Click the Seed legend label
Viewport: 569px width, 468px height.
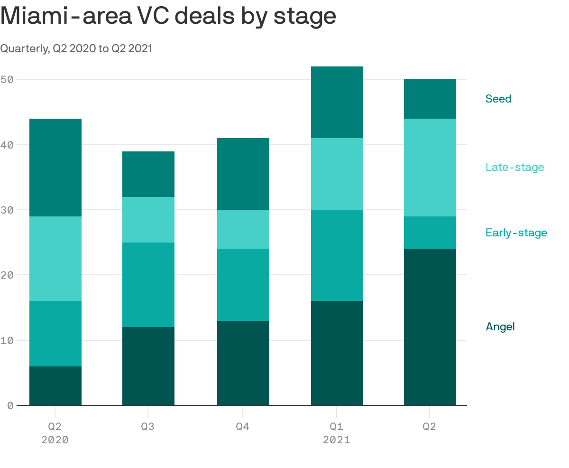(x=498, y=99)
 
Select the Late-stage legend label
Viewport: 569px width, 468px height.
(x=514, y=167)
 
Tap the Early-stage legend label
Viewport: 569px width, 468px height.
(x=516, y=233)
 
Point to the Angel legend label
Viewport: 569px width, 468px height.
(x=500, y=327)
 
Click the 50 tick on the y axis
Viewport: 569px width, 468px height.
(x=7, y=79)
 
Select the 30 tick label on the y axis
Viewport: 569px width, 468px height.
(x=7, y=210)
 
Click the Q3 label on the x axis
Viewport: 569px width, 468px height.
(x=148, y=426)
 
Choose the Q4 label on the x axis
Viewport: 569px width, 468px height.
(x=243, y=426)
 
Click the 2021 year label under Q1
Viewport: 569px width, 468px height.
(x=337, y=440)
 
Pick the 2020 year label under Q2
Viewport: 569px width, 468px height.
(x=55, y=440)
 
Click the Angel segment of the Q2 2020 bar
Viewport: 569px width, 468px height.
(x=55, y=386)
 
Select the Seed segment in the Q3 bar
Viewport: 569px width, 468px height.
(x=148, y=174)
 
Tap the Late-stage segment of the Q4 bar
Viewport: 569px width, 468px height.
(x=243, y=229)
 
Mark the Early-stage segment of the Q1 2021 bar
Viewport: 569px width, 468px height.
(x=337, y=255)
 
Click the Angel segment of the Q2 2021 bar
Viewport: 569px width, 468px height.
(x=430, y=327)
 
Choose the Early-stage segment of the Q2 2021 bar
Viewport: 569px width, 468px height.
(x=430, y=233)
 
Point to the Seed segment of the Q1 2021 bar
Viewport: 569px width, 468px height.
(x=337, y=102)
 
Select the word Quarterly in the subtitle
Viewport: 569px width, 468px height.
(x=24, y=48)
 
